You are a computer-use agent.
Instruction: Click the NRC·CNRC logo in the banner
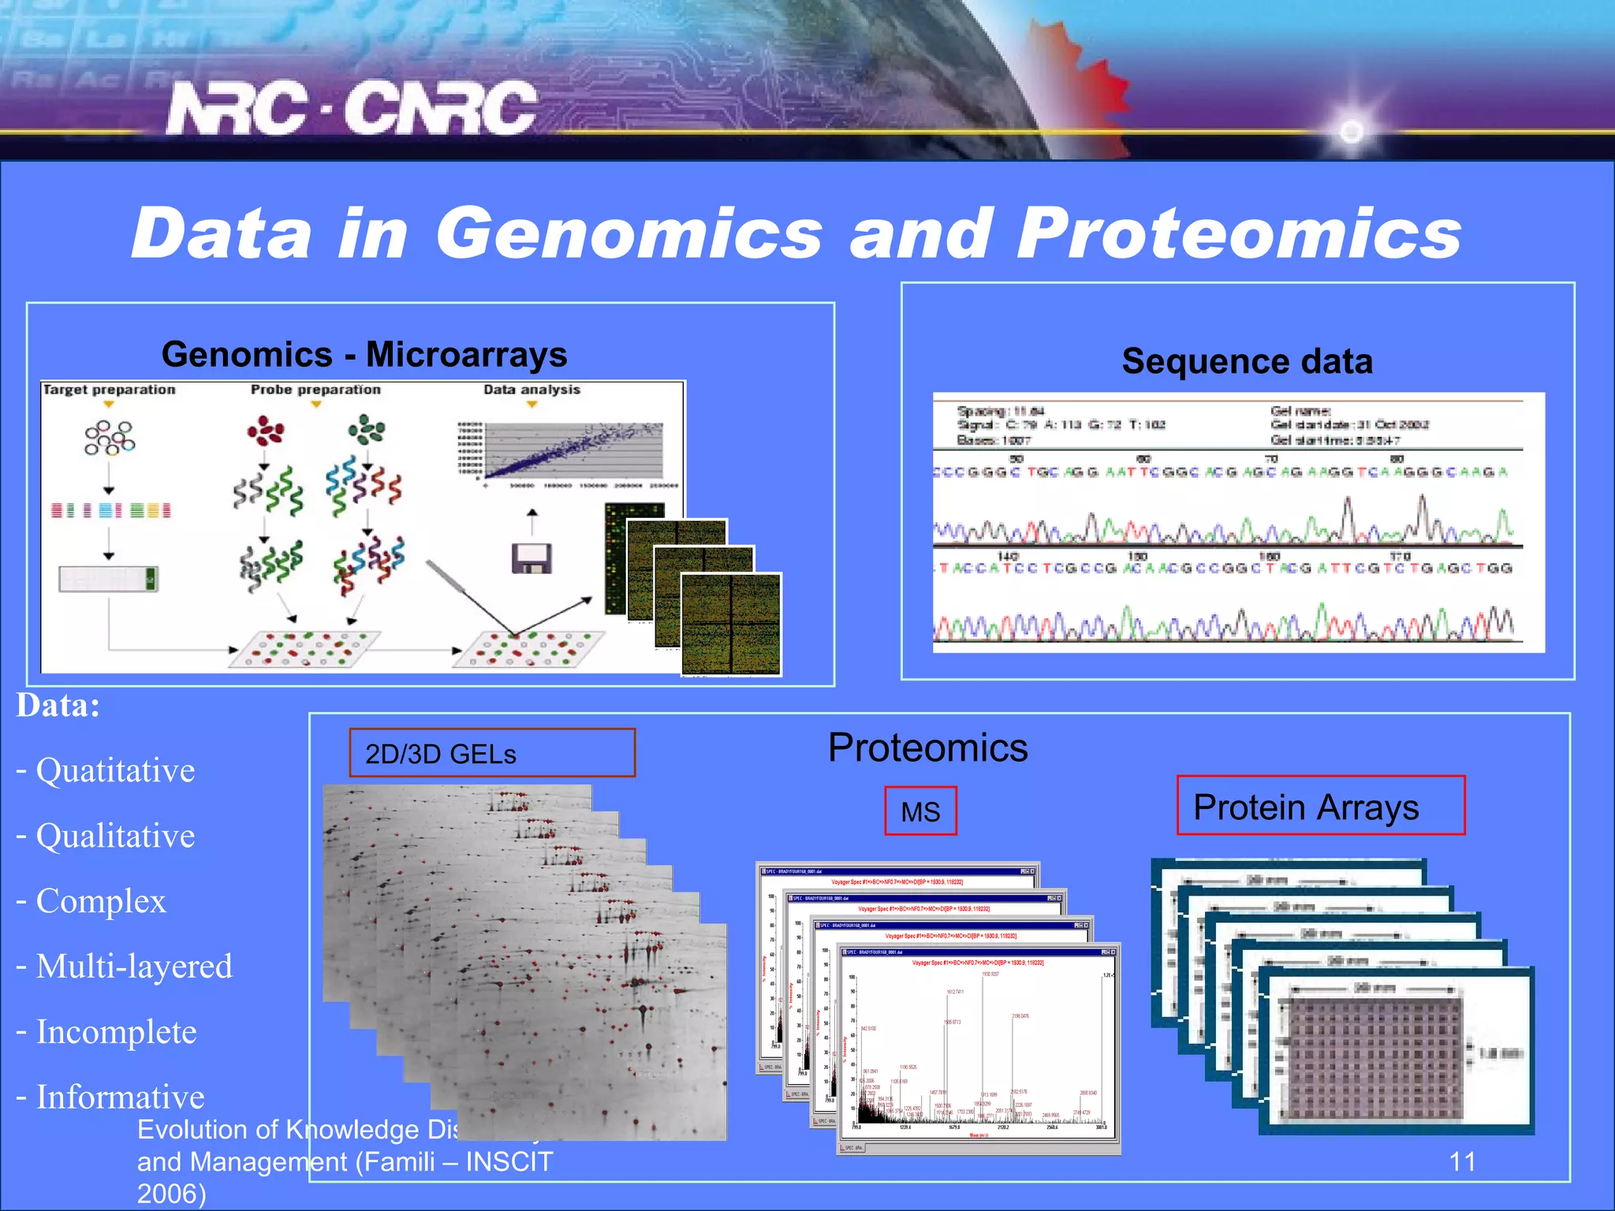pos(352,108)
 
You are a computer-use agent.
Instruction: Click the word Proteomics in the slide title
pos(1238,233)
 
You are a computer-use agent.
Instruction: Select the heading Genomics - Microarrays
pos(364,355)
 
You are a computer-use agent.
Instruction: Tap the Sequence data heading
pos(1247,362)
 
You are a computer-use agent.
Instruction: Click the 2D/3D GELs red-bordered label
pos(491,753)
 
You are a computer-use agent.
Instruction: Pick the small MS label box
pos(919,811)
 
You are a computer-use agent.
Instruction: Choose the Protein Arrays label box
pos(1319,807)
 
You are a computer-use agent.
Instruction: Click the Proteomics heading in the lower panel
pos(927,747)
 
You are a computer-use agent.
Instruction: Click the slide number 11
pos(1461,1161)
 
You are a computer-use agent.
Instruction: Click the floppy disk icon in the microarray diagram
pos(531,558)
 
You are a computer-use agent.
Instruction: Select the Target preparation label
pos(109,389)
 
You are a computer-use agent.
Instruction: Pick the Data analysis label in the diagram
pos(531,389)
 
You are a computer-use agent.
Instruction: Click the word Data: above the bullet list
pos(58,706)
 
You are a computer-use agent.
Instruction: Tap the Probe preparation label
pos(315,389)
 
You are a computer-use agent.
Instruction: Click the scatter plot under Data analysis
pos(572,453)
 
